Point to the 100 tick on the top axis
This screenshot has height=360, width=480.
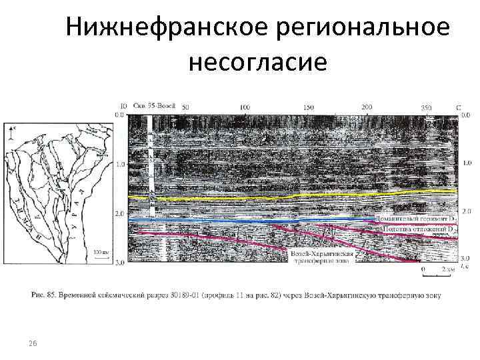(245, 107)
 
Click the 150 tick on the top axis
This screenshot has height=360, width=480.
(309, 107)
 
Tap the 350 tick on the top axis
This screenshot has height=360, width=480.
(427, 107)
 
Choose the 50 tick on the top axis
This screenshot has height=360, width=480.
(185, 107)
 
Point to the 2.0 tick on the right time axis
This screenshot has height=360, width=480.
(467, 211)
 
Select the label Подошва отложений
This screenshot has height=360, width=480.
(417, 229)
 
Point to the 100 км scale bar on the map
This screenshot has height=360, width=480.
(101, 255)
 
